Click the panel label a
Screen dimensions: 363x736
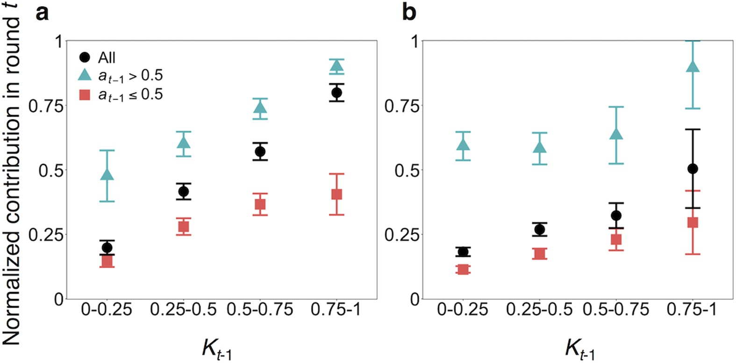tap(43, 13)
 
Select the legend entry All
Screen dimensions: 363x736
tap(107, 58)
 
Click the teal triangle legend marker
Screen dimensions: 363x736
tap(85, 75)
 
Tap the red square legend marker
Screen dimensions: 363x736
tap(85, 95)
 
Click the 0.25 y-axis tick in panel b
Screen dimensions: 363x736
tap(401, 235)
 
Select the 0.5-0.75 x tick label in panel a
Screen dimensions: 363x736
tap(260, 309)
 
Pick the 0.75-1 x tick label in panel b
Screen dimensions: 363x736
tap(692, 309)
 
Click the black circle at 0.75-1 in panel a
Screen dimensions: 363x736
tap(336, 93)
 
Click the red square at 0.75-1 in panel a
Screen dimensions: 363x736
tap(336, 194)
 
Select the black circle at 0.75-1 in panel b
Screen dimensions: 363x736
tap(693, 169)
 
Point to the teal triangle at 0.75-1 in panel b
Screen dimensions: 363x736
tap(693, 67)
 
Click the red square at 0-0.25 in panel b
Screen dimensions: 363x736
tap(463, 270)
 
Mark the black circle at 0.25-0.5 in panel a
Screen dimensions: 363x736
tap(183, 192)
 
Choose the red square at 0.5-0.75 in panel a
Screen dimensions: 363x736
tap(260, 204)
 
